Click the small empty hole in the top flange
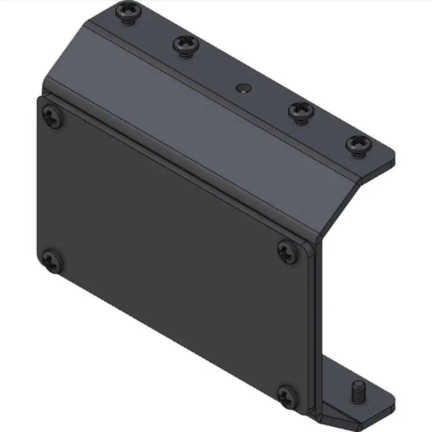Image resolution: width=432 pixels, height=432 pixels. (243, 88)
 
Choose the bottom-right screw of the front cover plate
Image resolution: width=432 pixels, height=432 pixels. (287, 395)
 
